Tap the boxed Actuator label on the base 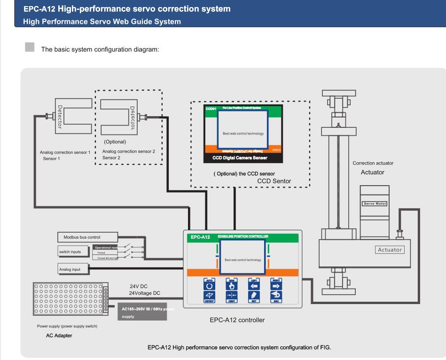(x=389, y=250)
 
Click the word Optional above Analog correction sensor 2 (x=115, y=141)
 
